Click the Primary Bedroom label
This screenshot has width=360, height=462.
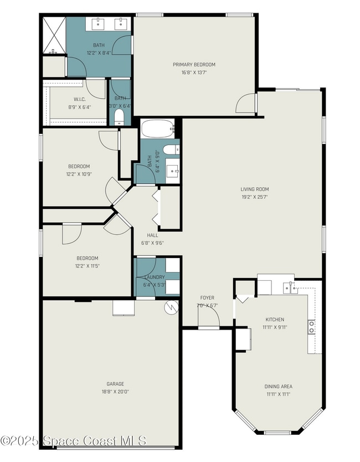194,65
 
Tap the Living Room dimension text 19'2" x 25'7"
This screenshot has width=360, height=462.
255,197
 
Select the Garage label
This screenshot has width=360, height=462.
115,384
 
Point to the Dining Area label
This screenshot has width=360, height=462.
278,386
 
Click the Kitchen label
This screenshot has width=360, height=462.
275,320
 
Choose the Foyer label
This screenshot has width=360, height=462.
207,298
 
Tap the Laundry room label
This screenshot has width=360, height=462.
154,278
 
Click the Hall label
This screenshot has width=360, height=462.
152,235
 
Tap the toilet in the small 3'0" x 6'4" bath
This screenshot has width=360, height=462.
119,117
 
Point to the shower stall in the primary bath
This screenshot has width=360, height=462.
54,35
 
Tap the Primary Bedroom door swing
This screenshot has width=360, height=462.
246,104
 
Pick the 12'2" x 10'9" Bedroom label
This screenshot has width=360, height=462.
79,166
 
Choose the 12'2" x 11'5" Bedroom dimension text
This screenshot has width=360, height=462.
88,266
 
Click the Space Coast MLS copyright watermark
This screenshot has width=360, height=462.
73,441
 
